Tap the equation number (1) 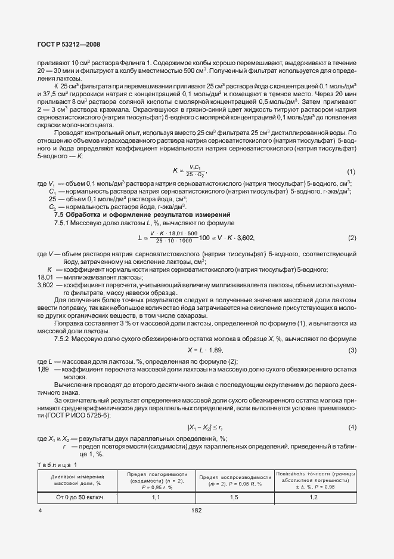351,171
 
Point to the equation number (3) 352,349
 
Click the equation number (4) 352,427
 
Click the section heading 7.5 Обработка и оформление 142,214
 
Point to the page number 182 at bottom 197,511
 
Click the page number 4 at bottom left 40,511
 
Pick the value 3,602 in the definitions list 45,285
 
